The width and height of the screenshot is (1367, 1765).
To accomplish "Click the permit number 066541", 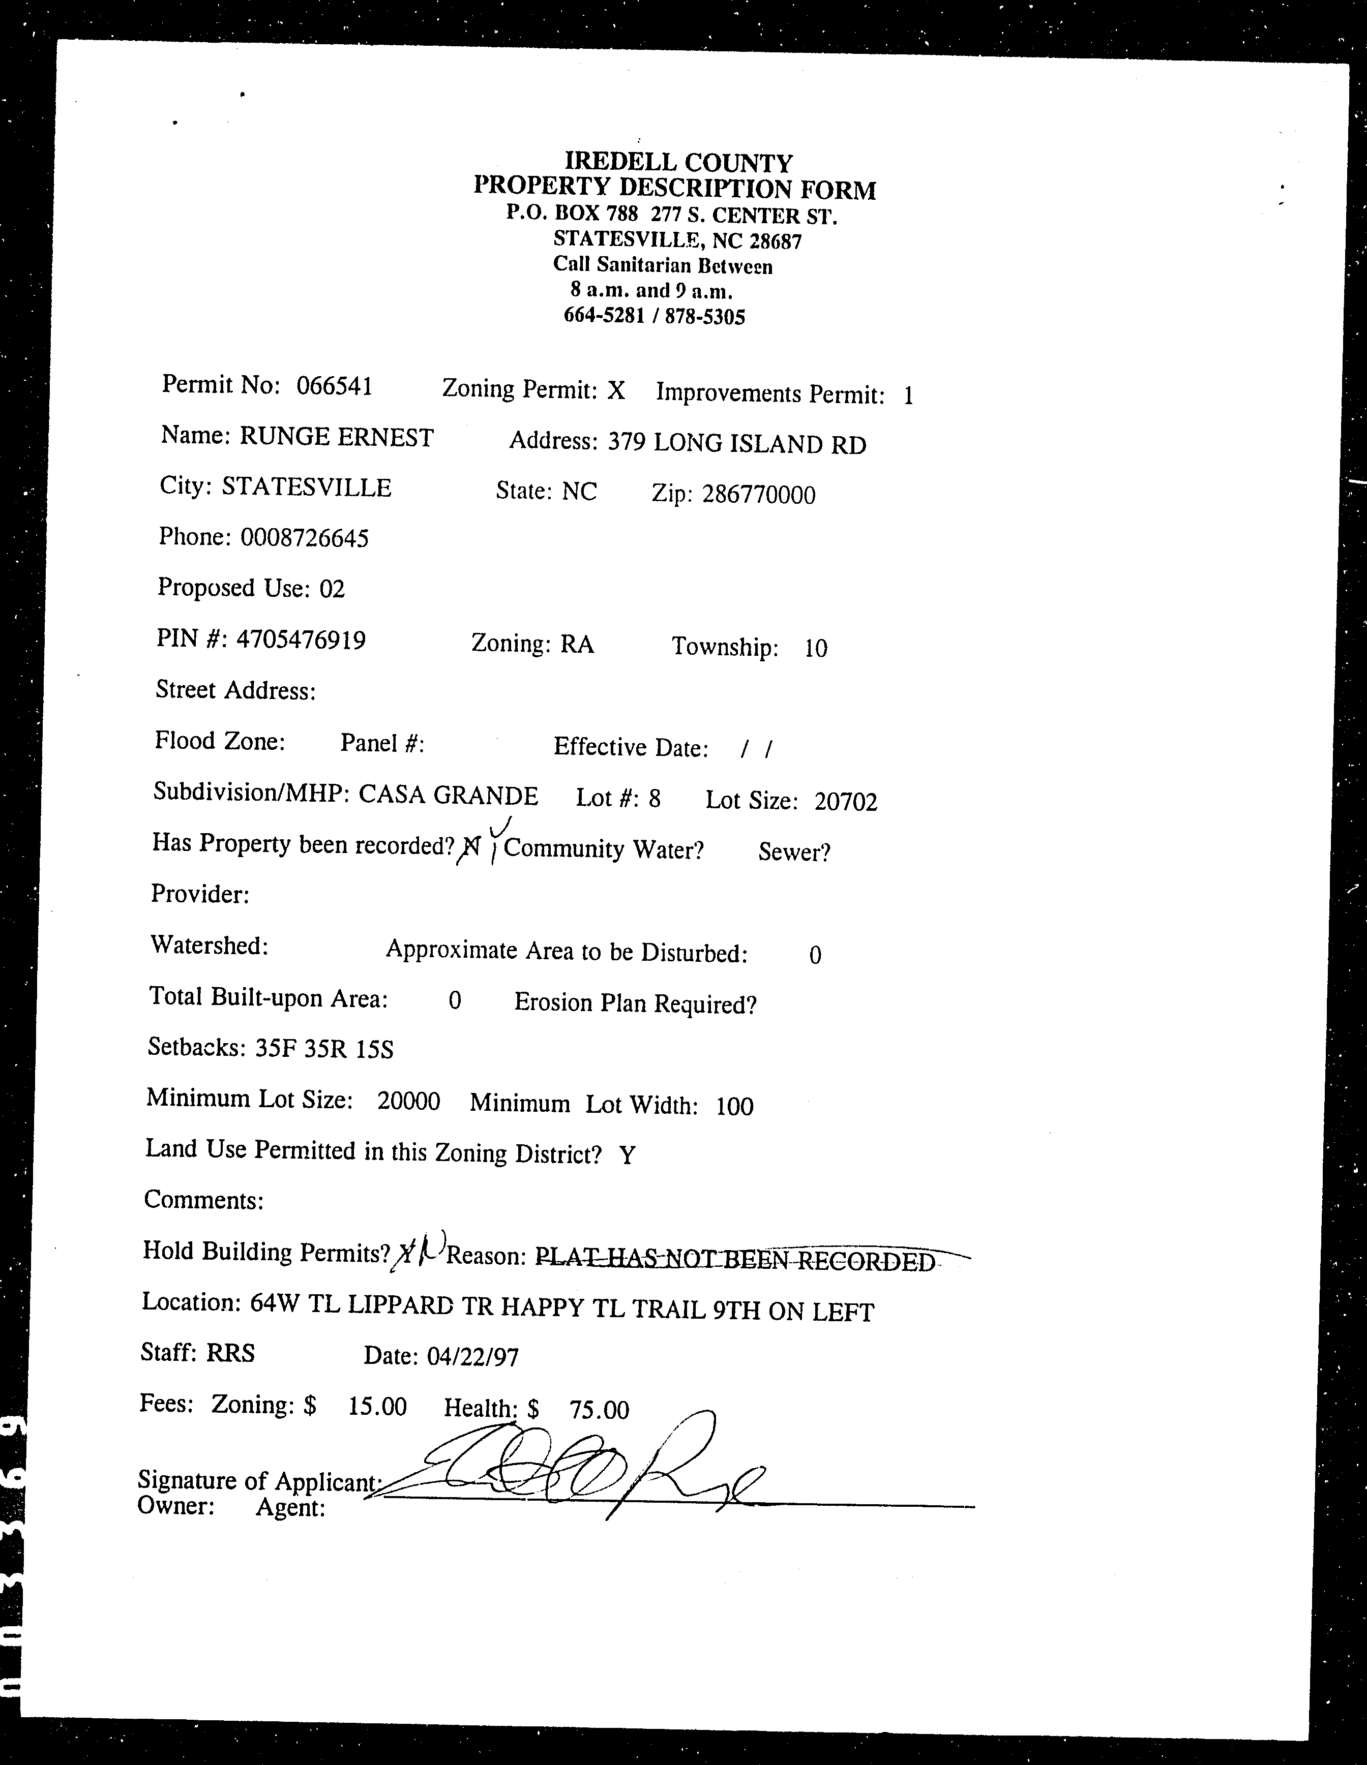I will click(334, 386).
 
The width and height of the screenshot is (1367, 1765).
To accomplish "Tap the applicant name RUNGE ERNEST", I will click(336, 437).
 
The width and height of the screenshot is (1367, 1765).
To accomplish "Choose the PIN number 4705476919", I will click(301, 640).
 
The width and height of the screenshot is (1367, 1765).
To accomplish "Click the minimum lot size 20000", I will click(408, 1101).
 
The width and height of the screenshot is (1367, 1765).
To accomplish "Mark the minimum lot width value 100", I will click(734, 1106).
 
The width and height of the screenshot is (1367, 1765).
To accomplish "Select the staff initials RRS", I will click(230, 1353).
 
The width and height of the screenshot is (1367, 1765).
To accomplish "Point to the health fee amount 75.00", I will click(598, 1410).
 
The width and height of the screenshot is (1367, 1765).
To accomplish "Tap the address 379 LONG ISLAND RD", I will click(736, 444).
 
